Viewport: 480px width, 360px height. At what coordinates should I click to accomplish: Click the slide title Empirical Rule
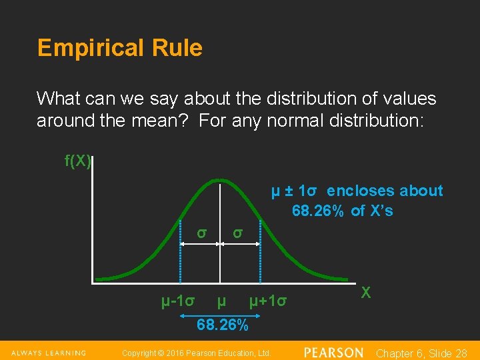coord(120,48)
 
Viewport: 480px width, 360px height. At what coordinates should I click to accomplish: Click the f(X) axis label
coord(77,161)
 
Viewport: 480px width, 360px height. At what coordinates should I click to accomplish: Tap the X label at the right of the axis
coord(366,292)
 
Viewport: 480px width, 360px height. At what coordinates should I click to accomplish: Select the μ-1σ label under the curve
coord(178,301)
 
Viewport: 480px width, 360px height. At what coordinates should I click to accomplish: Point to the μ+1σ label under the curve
coord(268,301)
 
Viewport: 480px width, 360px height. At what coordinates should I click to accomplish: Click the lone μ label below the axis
coord(221,301)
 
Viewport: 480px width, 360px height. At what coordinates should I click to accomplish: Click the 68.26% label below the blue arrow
coord(223,325)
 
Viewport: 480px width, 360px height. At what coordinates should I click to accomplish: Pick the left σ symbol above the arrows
coord(201,233)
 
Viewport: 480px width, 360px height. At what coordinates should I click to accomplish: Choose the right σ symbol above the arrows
coord(237,233)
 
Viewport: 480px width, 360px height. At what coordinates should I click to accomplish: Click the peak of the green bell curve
coord(220,179)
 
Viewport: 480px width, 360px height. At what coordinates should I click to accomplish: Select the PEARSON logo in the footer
coord(334,352)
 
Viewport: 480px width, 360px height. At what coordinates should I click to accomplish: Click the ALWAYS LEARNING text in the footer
coord(47,353)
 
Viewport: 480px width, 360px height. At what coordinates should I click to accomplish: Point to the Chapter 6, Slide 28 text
coord(421,353)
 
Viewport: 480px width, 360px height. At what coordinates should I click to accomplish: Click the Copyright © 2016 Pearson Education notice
coord(197,353)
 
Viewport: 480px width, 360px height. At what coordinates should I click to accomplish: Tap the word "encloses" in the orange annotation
coord(359,191)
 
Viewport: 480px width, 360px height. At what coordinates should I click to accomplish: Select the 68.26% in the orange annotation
coord(318,211)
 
